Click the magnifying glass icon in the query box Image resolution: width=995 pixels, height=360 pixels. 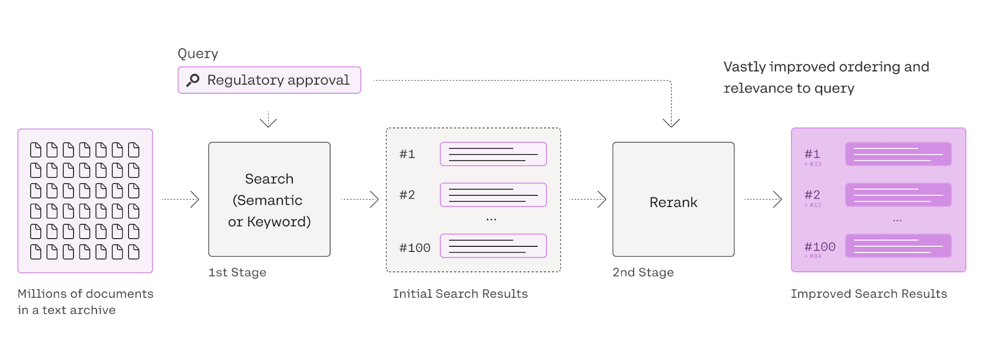coord(193,80)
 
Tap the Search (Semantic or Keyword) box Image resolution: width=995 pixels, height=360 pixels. coord(269,200)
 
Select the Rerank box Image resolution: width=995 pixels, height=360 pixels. coord(673,200)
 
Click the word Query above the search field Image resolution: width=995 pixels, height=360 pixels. coord(198,53)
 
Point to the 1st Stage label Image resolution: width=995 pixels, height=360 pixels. coord(238,272)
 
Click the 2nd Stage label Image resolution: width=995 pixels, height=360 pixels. coord(643,272)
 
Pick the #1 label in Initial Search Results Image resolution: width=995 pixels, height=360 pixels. coord(407,154)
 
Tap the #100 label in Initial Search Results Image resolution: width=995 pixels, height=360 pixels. coord(415,247)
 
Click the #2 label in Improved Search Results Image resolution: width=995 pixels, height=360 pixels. coord(812,195)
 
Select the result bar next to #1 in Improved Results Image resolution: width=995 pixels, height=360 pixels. coord(898,154)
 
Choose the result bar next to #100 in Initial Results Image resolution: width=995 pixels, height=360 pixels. coord(493,246)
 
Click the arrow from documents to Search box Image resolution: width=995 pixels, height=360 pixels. coord(180,199)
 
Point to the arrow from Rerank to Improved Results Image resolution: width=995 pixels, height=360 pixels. coord(763,199)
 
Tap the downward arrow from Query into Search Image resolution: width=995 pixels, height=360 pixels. coord(268,119)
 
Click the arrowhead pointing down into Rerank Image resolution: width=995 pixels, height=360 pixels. coord(671,122)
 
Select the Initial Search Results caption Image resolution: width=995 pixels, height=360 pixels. coord(460,293)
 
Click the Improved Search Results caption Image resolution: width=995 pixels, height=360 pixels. coord(869,293)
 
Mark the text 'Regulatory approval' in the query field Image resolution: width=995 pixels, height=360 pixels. coord(278,80)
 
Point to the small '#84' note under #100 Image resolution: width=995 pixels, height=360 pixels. coord(813,256)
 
